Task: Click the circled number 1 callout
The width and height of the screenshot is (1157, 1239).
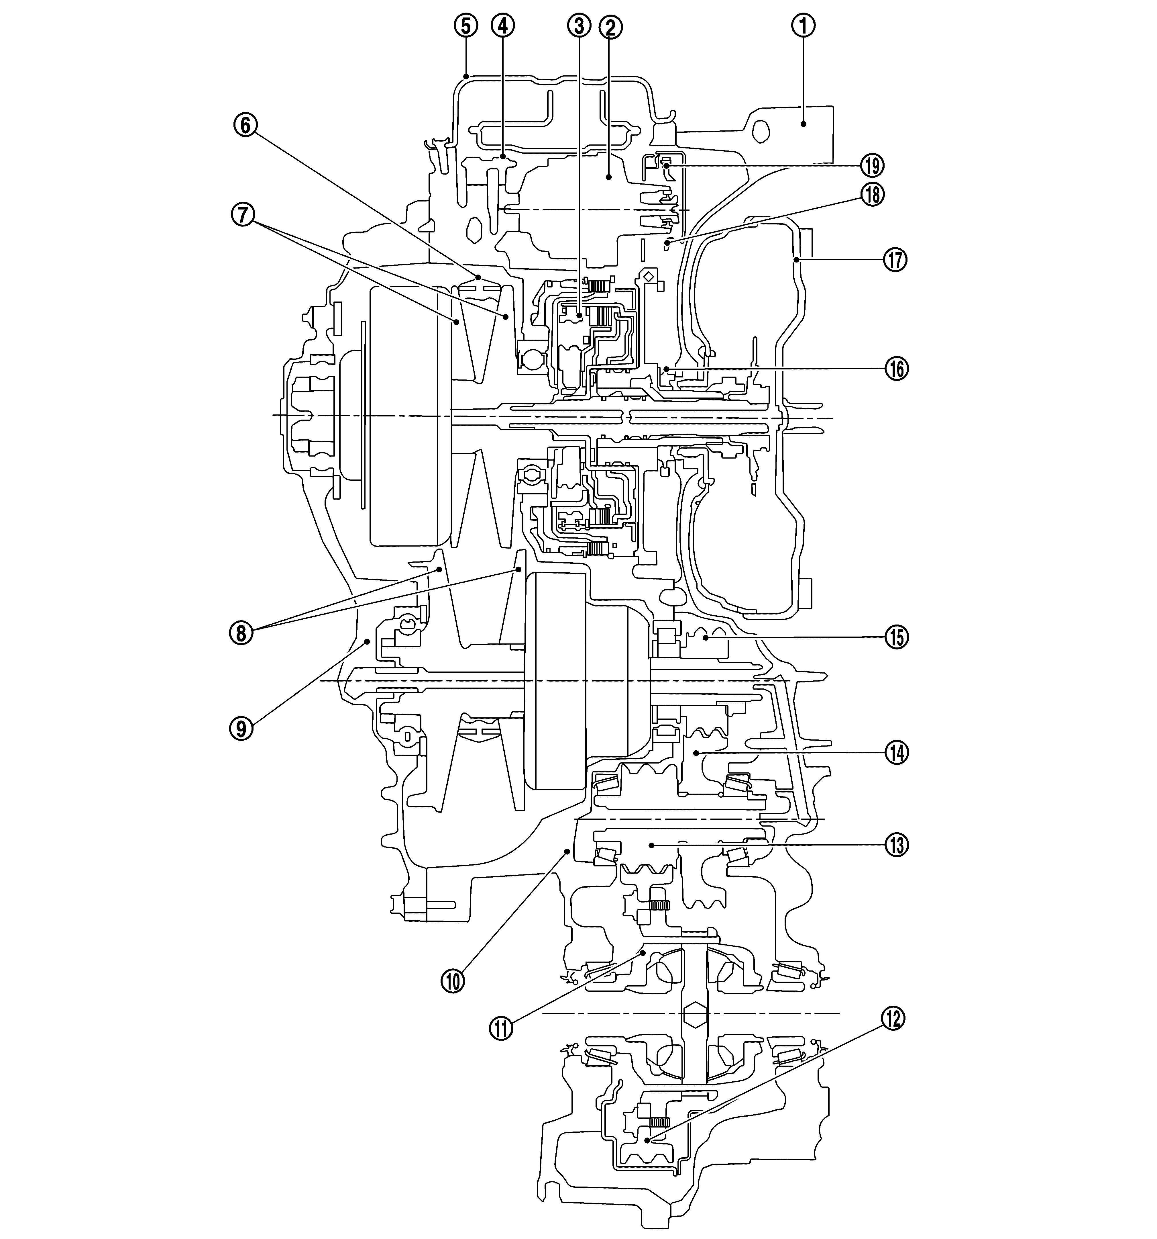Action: click(x=803, y=26)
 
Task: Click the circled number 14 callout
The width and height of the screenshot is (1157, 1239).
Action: click(x=897, y=753)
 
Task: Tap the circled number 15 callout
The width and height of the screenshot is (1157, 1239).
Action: click(x=897, y=638)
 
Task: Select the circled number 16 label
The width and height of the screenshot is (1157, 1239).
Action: click(x=897, y=369)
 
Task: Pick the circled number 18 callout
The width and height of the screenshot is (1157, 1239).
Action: click(x=872, y=195)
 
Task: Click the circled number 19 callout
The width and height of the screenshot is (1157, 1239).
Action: click(x=872, y=166)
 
